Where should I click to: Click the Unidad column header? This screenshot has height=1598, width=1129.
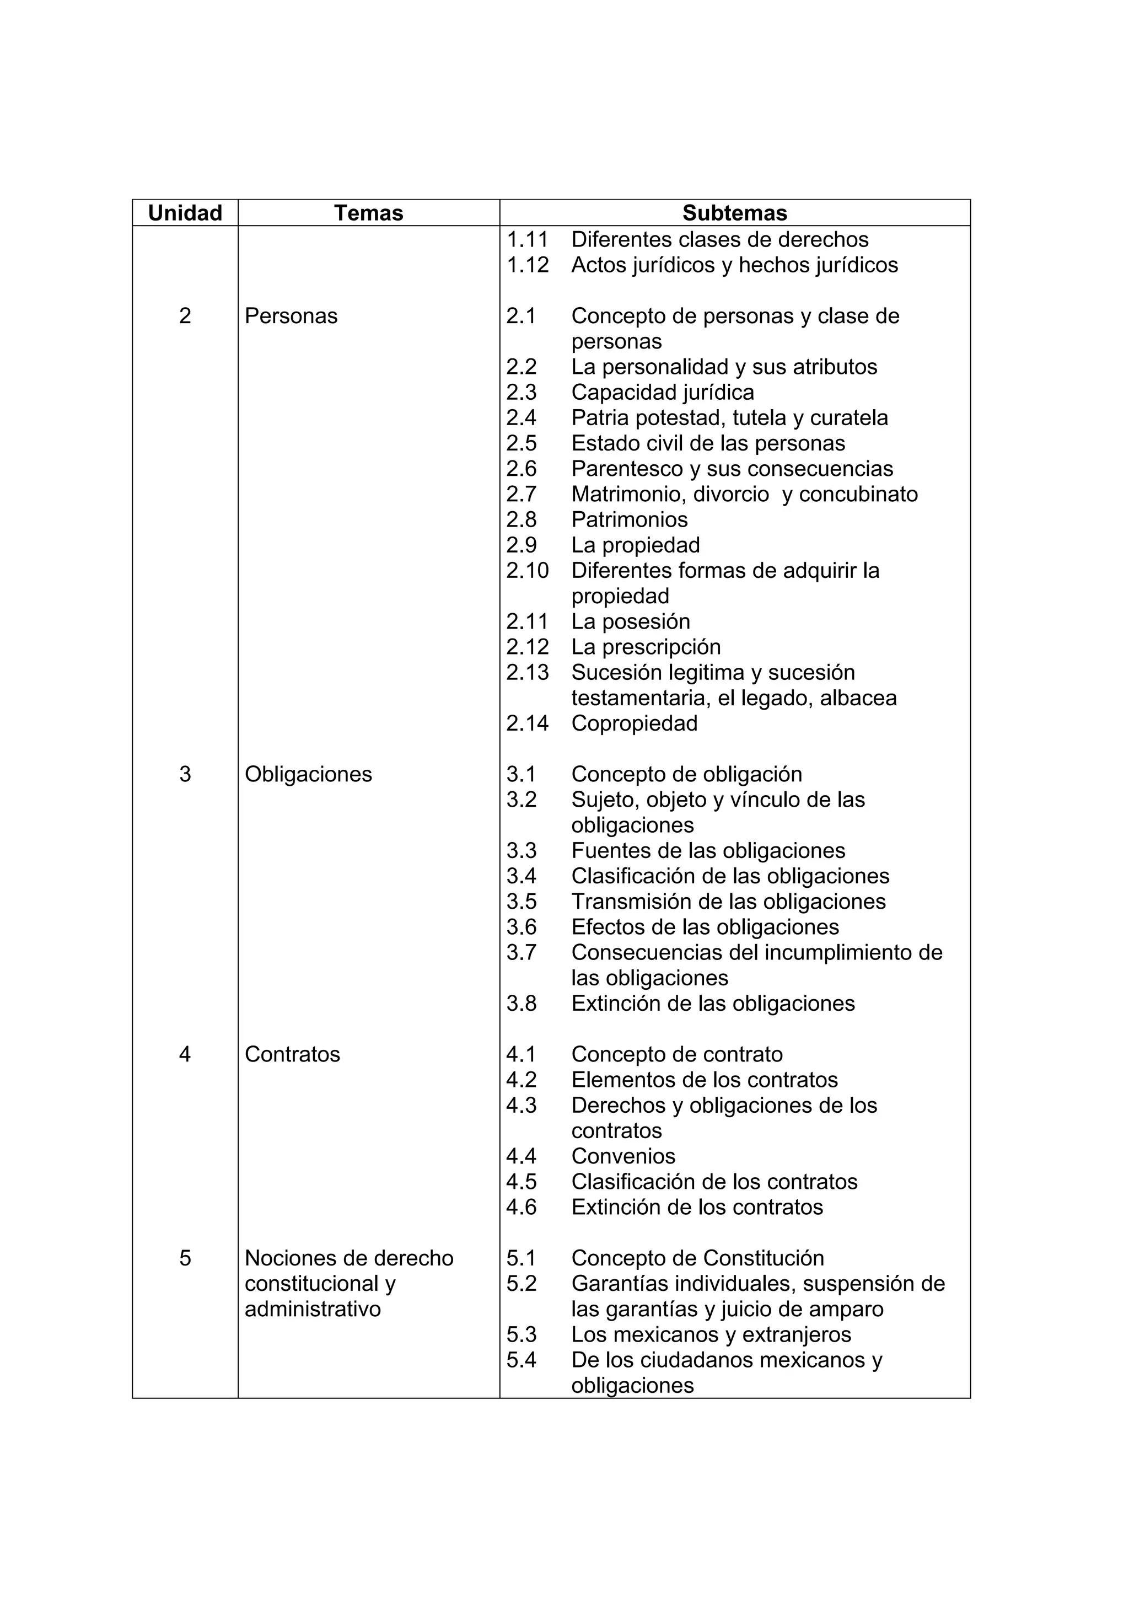pyautogui.click(x=185, y=213)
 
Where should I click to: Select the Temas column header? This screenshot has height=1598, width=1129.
pyautogui.click(x=368, y=213)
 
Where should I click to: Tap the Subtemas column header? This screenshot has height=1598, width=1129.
pyautogui.click(x=735, y=213)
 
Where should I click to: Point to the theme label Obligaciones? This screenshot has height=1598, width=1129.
pyautogui.click(x=308, y=774)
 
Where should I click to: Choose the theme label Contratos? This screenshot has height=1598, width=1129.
pyautogui.click(x=292, y=1054)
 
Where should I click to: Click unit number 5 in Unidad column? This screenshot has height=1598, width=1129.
pyautogui.click(x=185, y=1258)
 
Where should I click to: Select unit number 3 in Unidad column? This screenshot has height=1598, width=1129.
pyautogui.click(x=185, y=774)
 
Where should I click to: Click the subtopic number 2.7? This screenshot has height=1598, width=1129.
pyautogui.click(x=521, y=494)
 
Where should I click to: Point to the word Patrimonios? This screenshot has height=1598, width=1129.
pyautogui.click(x=629, y=520)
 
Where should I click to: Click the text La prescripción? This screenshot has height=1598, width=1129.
pyautogui.click(x=646, y=647)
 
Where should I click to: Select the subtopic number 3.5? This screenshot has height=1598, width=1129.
pyautogui.click(x=521, y=902)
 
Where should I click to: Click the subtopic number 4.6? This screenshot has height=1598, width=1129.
pyautogui.click(x=521, y=1207)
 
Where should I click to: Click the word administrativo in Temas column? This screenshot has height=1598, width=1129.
pyautogui.click(x=313, y=1309)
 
